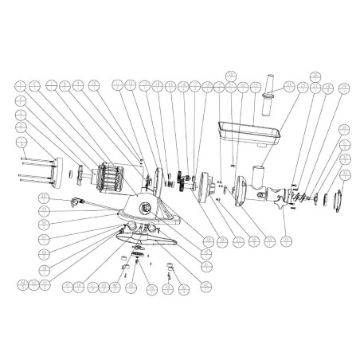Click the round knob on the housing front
coord(147,207)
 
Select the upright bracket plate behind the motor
coord(158,178)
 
